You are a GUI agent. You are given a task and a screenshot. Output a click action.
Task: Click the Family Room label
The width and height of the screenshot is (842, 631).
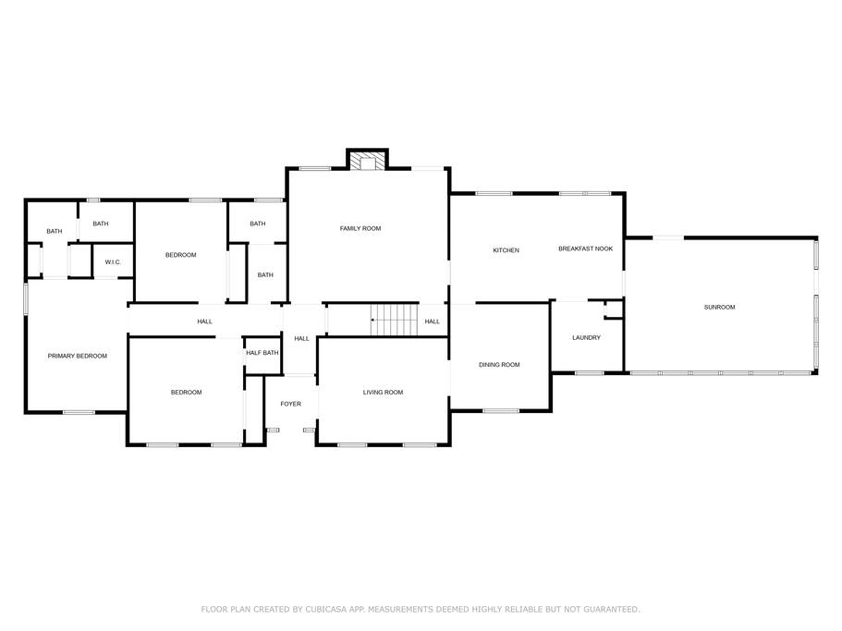click(x=360, y=228)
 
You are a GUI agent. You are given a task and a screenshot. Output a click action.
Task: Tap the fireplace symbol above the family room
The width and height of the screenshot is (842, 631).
click(x=368, y=162)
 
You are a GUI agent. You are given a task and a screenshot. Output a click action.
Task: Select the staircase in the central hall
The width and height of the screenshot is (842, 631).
click(x=396, y=321)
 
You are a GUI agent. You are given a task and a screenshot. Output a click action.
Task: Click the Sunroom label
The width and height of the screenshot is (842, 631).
click(x=719, y=307)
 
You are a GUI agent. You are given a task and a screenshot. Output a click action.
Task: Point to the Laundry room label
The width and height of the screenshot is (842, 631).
click(x=586, y=337)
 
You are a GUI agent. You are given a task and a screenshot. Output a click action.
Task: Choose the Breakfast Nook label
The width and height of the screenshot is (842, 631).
click(x=585, y=249)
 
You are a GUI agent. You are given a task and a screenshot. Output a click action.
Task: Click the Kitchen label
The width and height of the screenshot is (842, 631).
click(x=506, y=250)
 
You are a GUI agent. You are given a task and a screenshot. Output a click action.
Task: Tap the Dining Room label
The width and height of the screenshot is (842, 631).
click(x=499, y=365)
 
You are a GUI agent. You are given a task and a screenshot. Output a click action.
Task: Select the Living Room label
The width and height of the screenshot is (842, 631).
click(x=383, y=393)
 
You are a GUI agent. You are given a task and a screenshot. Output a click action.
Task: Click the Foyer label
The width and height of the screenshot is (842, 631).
click(x=290, y=404)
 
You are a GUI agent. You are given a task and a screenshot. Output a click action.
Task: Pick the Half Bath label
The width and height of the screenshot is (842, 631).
click(x=262, y=353)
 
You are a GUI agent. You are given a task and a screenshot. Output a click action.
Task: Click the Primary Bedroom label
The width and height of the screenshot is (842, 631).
click(x=78, y=356)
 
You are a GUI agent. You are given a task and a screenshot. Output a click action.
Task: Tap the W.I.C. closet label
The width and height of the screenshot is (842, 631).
click(x=113, y=262)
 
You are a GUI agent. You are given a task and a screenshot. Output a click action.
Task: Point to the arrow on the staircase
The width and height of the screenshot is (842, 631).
click(x=374, y=321)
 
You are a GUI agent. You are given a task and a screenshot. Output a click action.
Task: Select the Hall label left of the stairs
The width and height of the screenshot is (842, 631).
click(x=301, y=339)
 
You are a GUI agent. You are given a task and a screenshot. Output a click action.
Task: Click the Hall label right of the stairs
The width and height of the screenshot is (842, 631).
click(x=432, y=322)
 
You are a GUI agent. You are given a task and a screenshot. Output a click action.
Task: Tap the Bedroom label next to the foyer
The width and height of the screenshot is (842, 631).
click(x=186, y=393)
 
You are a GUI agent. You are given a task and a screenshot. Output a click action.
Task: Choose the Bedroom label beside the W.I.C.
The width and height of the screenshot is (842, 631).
click(x=180, y=255)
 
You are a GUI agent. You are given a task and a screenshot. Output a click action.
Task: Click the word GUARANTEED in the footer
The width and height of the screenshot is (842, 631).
click(x=607, y=610)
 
